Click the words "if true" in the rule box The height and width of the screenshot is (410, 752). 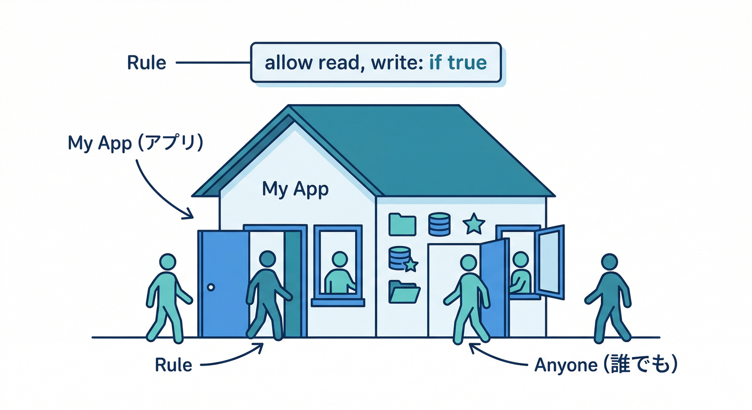coord(458,63)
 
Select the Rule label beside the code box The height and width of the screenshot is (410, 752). coord(146,63)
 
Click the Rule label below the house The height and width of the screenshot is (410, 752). coord(173,365)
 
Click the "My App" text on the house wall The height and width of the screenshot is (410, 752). coord(295,188)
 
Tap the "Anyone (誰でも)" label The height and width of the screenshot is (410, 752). coord(606,365)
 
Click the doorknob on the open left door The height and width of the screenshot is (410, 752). coord(211,287)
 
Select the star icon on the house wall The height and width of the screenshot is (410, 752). coord(473,224)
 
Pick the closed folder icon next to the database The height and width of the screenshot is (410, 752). coord(402,224)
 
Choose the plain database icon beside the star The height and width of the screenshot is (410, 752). coord(440,224)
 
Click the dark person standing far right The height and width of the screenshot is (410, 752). coord(609,299)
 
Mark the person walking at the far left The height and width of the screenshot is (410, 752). coord(167,299)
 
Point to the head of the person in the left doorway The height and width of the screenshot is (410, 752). coord(267,259)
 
